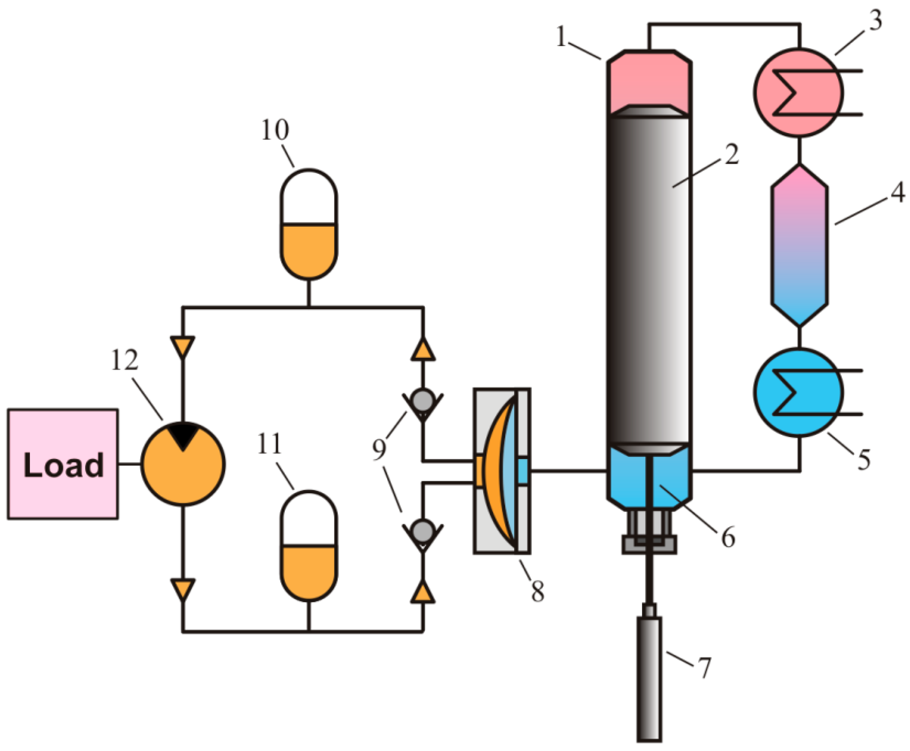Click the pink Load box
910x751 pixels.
pyautogui.click(x=63, y=464)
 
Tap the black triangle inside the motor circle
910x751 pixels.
pyautogui.click(x=183, y=435)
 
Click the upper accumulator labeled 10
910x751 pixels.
pyautogui.click(x=309, y=225)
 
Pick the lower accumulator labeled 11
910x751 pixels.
pyautogui.click(x=309, y=546)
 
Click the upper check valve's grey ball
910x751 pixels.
pyautogui.click(x=423, y=400)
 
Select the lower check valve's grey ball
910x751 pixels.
pyautogui.click(x=423, y=531)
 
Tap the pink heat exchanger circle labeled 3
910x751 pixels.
pyautogui.click(x=799, y=92)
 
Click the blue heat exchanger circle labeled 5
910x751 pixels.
pyautogui.click(x=799, y=392)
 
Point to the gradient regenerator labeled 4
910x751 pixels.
pyautogui.click(x=799, y=246)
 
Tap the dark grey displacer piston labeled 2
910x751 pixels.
pyautogui.click(x=649, y=278)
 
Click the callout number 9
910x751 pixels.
pyautogui.click(x=379, y=449)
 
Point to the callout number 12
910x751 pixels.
pyautogui.click(x=124, y=361)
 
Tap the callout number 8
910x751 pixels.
pyautogui.click(x=537, y=591)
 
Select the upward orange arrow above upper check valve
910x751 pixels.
pyautogui.click(x=423, y=349)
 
